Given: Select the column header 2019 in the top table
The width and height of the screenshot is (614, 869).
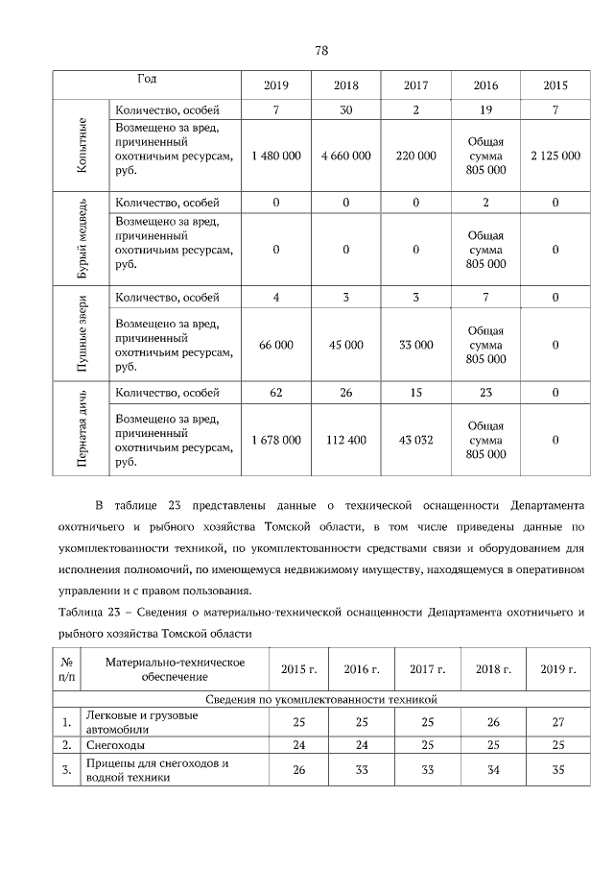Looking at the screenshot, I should pos(275,85).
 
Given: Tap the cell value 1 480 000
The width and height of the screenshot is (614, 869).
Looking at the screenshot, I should pos(275,155).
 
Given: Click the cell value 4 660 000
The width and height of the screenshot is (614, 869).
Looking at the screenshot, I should pos(345,155).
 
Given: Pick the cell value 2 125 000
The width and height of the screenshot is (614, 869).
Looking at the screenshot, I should pos(555,155).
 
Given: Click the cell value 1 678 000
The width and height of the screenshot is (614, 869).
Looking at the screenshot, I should pos(275,440).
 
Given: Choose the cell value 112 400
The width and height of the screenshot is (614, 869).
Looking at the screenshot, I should pos(345,440).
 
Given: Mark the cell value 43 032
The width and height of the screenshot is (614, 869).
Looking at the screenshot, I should pos(415,440).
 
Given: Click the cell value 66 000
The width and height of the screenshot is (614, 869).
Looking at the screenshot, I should pos(275,345).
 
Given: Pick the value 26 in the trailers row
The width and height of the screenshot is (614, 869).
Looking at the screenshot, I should pos(298,770).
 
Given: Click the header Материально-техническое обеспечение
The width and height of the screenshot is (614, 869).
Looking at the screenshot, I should pos(175,669).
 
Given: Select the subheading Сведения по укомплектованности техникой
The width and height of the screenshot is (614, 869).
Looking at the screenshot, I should pos(321,701).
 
